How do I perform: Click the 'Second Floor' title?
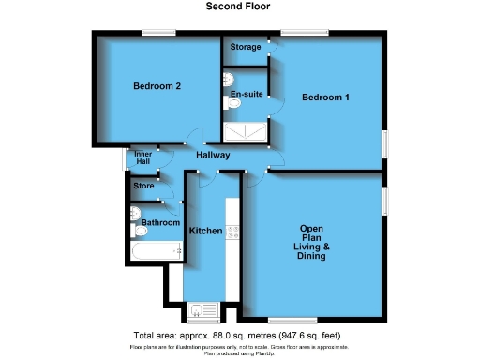[x=239, y=6]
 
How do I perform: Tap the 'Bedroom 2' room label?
[x=157, y=86]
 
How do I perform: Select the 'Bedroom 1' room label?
[x=325, y=97]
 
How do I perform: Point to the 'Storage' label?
[x=247, y=48]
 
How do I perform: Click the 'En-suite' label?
[x=245, y=94]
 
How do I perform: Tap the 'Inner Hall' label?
[x=142, y=158]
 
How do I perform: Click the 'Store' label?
[x=143, y=187]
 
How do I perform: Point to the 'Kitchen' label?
[x=206, y=231]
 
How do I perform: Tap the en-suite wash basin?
[x=229, y=79]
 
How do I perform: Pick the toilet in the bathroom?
[x=140, y=229]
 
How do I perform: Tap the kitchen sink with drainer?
[x=202, y=308]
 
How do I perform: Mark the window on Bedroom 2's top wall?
[x=159, y=35]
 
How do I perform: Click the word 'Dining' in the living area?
[x=311, y=256]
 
